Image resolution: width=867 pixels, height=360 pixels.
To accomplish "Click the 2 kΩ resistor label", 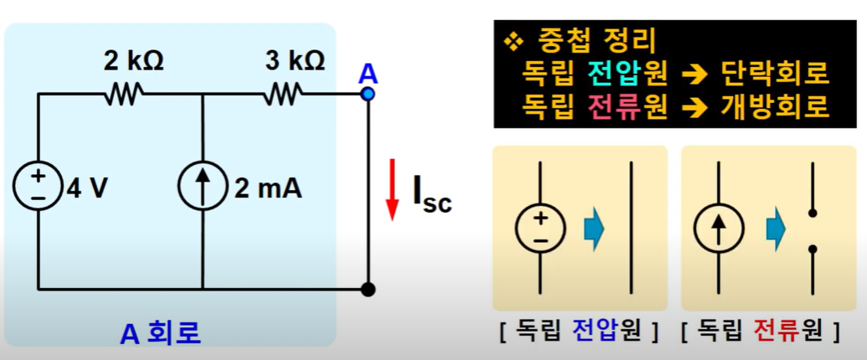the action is point(133,61).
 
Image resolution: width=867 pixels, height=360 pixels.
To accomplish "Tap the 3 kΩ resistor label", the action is point(294,61).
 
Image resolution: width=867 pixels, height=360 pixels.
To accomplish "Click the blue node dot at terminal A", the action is point(368,94).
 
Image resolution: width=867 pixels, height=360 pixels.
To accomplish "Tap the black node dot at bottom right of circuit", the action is point(367,290).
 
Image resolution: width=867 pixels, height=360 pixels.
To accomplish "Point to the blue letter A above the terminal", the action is point(368,74).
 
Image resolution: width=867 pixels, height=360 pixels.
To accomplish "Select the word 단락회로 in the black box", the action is point(774,75).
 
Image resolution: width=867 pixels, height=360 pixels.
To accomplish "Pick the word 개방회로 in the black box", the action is point(774,107).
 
